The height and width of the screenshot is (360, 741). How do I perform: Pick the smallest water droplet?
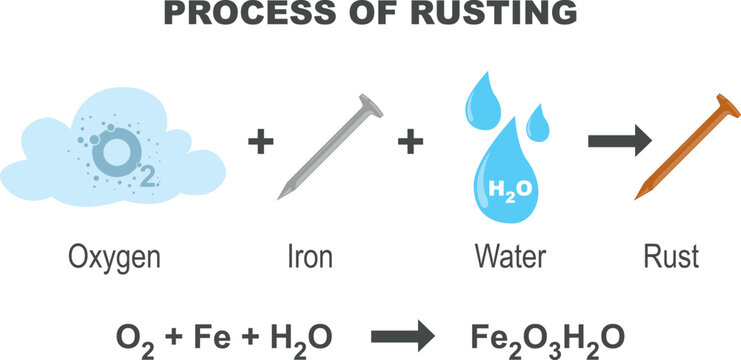(537, 124)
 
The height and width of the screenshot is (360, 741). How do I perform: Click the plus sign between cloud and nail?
(260, 143)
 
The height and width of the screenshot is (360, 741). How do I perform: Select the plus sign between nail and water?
(409, 143)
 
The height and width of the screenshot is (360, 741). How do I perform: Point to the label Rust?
(670, 258)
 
